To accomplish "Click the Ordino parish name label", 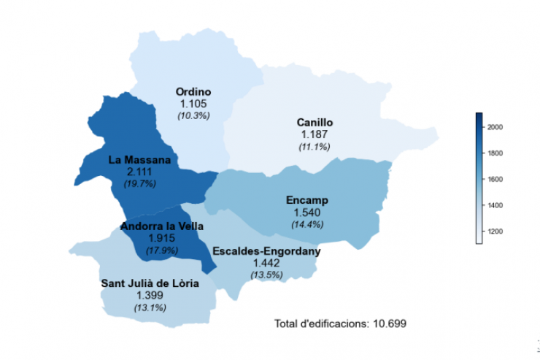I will click(x=193, y=92).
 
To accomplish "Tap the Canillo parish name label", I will click(x=315, y=122).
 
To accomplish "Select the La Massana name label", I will click(x=139, y=159).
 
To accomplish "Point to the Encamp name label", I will click(x=306, y=200).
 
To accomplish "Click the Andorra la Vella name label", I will click(x=162, y=226).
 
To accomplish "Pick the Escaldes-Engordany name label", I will click(x=266, y=251).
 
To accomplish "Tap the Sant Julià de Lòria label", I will click(x=150, y=283).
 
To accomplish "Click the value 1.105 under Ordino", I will click(x=193, y=104).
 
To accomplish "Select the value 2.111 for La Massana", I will click(x=139, y=172).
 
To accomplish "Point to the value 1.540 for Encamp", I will click(x=306, y=212).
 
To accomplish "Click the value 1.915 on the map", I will click(x=162, y=238).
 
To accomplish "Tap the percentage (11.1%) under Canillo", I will click(x=315, y=147).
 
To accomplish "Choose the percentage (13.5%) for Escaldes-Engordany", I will click(x=266, y=275).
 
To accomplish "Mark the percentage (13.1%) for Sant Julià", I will click(x=150, y=307).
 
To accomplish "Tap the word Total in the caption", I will click(x=288, y=323).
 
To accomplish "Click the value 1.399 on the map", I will click(x=150, y=295).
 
